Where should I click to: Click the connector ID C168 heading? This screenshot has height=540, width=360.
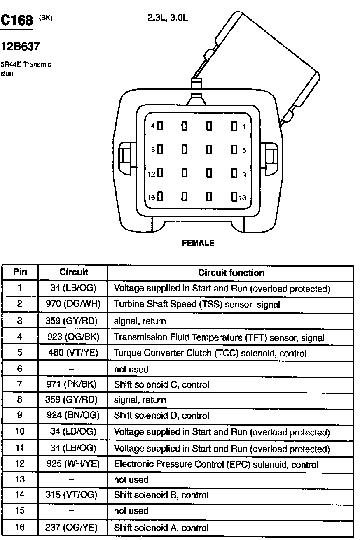[17, 21]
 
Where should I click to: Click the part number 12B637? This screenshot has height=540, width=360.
[21, 47]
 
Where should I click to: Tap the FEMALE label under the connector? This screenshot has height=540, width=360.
[198, 243]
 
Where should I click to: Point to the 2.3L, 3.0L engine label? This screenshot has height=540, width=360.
[168, 18]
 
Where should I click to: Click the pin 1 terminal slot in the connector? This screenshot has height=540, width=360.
[234, 126]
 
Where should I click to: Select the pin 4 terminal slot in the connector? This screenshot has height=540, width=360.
[160, 126]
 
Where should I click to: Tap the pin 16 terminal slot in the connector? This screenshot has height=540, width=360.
[160, 197]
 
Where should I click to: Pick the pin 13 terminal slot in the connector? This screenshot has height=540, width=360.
[234, 197]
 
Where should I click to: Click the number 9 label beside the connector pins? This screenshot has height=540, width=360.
[244, 175]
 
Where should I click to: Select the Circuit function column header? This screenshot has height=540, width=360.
[231, 272]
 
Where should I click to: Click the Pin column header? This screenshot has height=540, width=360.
[20, 272]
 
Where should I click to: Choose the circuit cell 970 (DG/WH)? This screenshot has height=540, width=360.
[72, 305]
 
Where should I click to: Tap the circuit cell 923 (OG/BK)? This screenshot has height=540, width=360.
[72, 337]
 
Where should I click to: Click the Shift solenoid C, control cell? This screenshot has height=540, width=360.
[161, 384]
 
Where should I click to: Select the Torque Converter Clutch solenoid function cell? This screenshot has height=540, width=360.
[210, 353]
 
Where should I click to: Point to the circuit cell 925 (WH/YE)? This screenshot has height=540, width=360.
[72, 464]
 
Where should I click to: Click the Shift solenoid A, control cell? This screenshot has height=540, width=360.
[161, 528]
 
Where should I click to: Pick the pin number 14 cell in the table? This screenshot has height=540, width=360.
[20, 495]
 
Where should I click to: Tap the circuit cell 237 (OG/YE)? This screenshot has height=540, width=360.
[72, 528]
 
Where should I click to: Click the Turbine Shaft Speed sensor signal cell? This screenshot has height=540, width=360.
[196, 305]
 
